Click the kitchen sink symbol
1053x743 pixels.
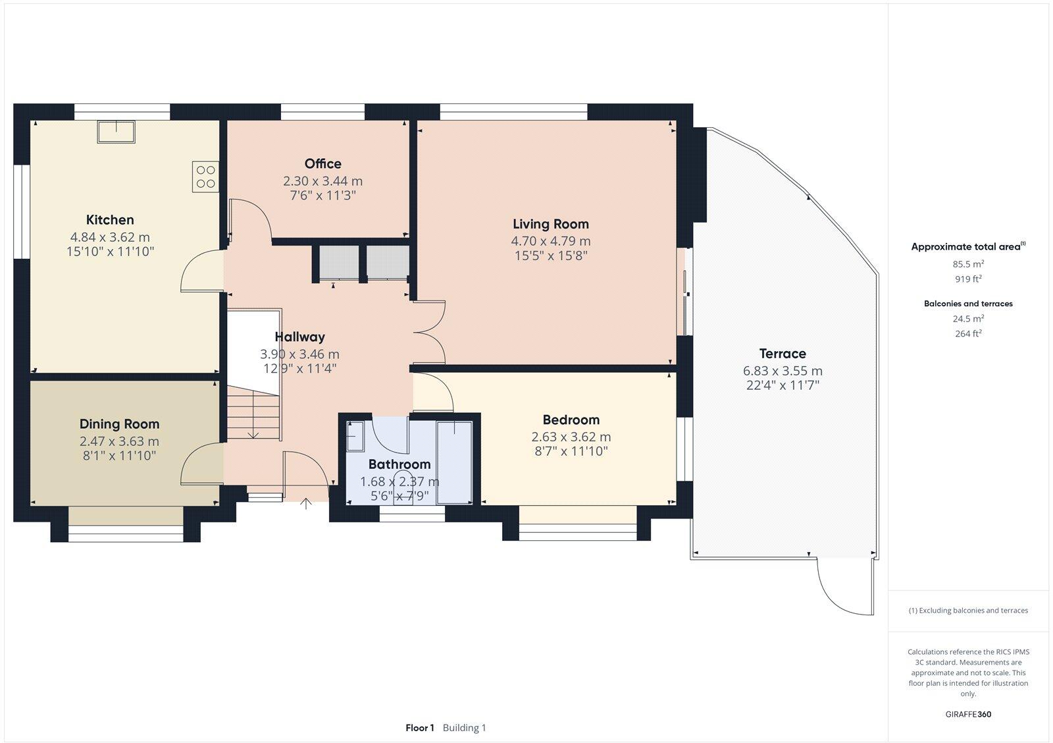pyautogui.click(x=116, y=132)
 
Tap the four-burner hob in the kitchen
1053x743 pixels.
pyautogui.click(x=205, y=177)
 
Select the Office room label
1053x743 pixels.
pyautogui.click(x=322, y=164)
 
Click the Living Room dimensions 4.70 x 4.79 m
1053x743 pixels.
pyautogui.click(x=550, y=241)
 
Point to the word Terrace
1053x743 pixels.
pyautogui.click(x=782, y=354)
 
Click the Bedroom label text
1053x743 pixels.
pyautogui.click(x=571, y=420)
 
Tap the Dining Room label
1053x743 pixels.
pyautogui.click(x=119, y=424)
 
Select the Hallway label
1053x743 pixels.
pyautogui.click(x=299, y=337)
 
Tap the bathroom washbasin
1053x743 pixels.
pyautogui.click(x=355, y=436)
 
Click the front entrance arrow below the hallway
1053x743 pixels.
pyautogui.click(x=306, y=505)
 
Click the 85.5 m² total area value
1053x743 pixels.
pyautogui.click(x=968, y=264)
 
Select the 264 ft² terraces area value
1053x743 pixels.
pyautogui.click(x=968, y=334)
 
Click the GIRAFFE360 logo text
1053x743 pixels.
pyautogui.click(x=968, y=714)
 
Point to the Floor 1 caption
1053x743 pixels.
pyautogui.click(x=420, y=728)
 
